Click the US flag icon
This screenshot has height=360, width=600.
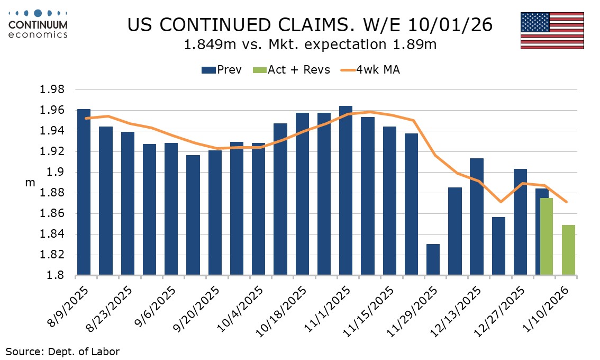point(552,30)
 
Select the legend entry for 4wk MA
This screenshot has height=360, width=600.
point(370,70)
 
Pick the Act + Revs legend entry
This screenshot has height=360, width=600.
point(292,70)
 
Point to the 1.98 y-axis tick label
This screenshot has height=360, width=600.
point(52,90)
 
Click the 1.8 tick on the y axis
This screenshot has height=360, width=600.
point(56,276)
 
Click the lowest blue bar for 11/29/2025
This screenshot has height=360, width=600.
point(433,260)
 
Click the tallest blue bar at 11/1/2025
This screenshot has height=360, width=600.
point(346,191)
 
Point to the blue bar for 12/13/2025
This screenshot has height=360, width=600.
point(476,217)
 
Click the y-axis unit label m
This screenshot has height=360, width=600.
point(30,183)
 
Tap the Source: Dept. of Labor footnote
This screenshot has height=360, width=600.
point(62,351)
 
